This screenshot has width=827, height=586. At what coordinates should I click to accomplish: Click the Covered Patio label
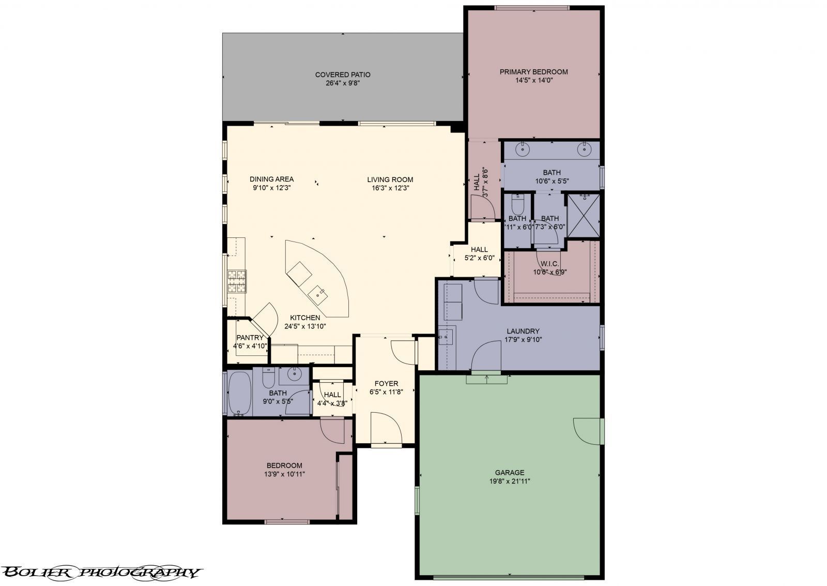tap(343, 75)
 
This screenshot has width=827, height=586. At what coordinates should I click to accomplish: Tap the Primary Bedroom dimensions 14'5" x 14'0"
tap(533, 80)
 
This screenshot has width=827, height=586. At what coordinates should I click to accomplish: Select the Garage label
tap(510, 472)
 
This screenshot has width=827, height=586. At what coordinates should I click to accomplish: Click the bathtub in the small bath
tap(239, 394)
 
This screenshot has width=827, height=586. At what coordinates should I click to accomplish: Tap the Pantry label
tap(250, 338)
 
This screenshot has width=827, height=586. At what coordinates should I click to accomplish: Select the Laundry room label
tap(523, 331)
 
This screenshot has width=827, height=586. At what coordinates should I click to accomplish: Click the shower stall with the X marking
tap(584, 215)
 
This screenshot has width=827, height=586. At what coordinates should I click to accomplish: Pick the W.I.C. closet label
tap(550, 264)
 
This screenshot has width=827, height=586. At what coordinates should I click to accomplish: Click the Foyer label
tap(386, 383)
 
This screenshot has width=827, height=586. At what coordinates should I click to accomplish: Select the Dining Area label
tap(271, 179)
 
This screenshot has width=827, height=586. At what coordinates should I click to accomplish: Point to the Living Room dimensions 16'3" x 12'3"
tap(390, 188)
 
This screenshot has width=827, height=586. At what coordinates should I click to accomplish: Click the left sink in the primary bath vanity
tap(524, 149)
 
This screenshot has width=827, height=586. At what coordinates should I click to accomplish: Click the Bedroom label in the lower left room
tap(284, 465)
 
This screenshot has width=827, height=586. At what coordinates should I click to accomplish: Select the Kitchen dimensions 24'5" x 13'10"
tap(305, 326)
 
